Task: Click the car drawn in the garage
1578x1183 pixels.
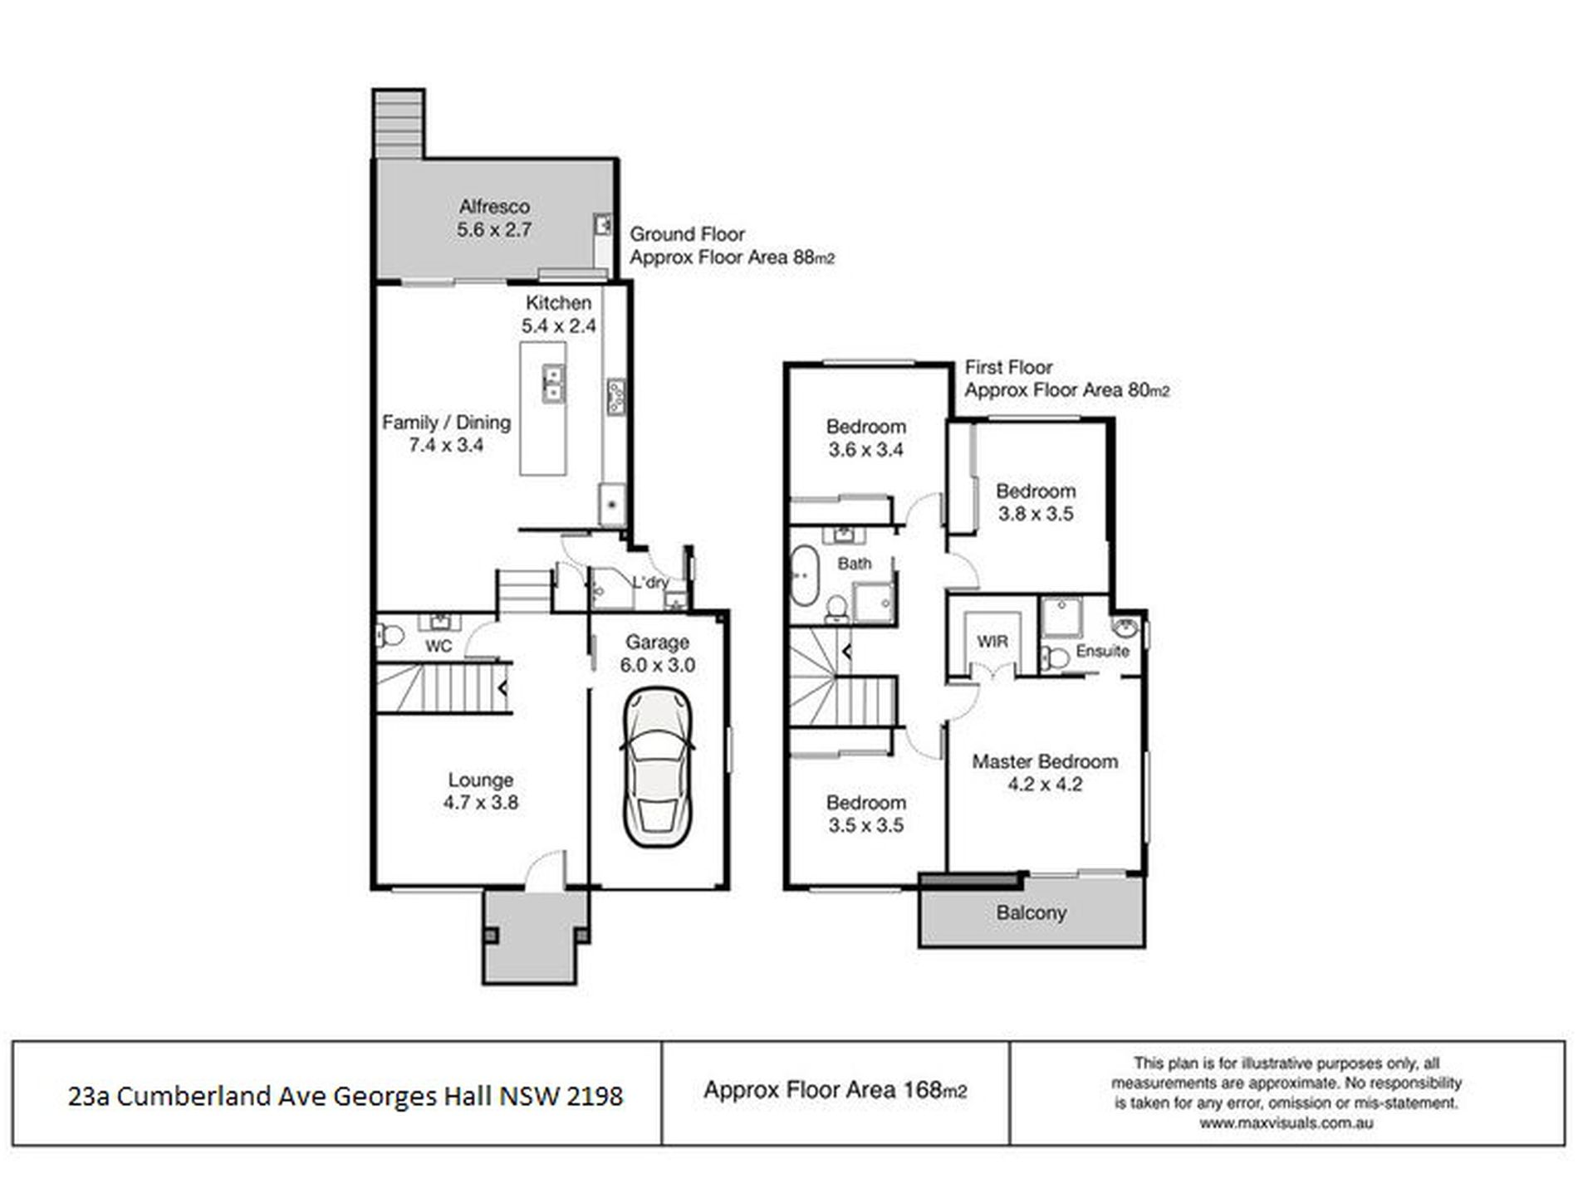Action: (656, 768)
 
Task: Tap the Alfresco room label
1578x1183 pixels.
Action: (494, 207)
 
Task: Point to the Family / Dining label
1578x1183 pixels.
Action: (446, 423)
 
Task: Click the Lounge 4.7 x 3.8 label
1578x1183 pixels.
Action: (480, 791)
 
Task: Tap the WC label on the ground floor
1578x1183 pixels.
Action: (438, 646)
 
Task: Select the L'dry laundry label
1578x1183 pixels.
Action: (649, 582)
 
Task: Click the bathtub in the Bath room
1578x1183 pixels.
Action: (804, 574)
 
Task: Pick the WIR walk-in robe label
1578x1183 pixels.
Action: (992, 642)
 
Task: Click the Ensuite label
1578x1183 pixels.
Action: (1102, 651)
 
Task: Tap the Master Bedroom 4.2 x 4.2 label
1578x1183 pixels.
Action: (1044, 772)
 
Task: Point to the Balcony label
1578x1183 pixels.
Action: (1031, 913)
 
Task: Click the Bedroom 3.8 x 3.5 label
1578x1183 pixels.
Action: (1036, 501)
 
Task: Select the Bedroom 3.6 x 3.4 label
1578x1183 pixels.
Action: (865, 438)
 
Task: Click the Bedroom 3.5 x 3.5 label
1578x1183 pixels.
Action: (865, 814)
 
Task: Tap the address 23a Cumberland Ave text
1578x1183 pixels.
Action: (345, 1097)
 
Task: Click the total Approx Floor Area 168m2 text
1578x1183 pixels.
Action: (835, 1090)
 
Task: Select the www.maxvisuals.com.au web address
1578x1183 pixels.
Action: (1286, 1123)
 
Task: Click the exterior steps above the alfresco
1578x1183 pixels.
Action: (399, 123)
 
